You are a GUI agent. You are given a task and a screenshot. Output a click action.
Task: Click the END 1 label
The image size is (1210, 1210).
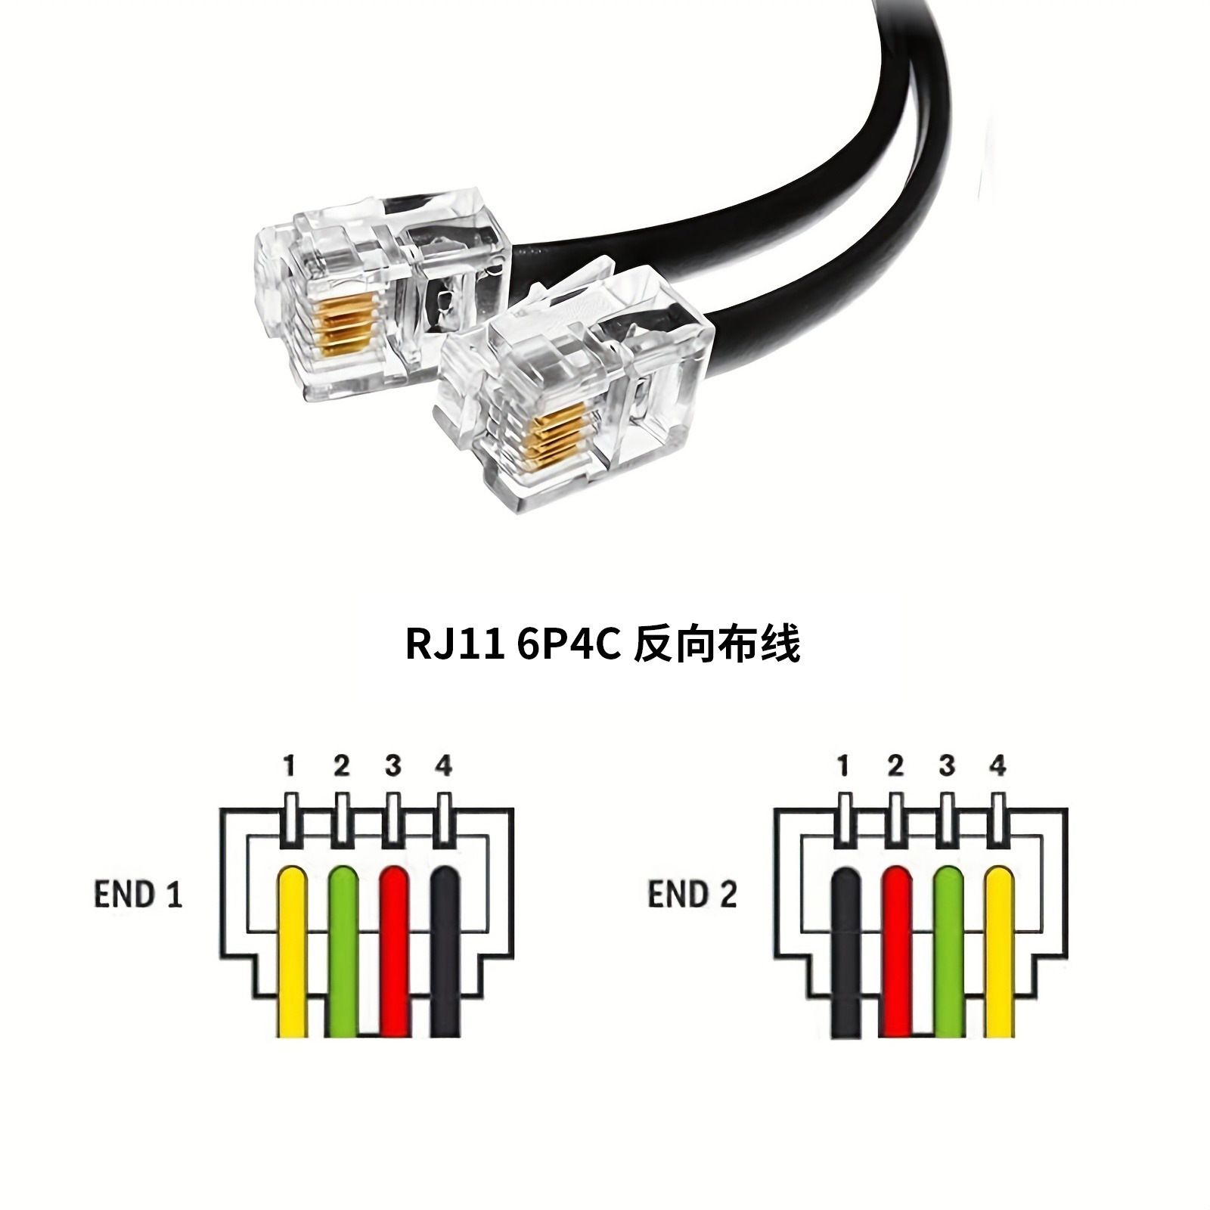(138, 895)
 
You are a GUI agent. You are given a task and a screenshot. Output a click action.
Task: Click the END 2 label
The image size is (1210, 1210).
(692, 895)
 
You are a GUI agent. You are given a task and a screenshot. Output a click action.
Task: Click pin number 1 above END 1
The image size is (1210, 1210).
(289, 767)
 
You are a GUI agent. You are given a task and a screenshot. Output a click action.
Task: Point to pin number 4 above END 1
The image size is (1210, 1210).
(444, 767)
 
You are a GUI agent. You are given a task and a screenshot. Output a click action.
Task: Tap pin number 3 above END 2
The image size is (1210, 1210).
(947, 767)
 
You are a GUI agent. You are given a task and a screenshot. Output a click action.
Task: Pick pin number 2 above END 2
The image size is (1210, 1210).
(896, 767)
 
